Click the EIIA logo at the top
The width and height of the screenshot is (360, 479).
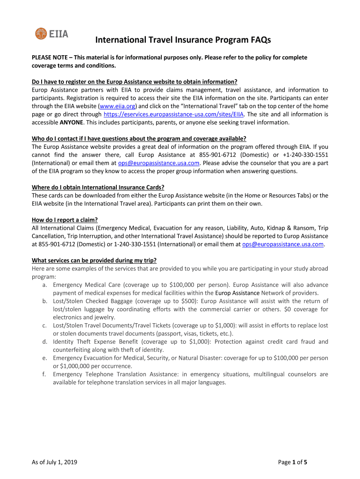click(51, 33)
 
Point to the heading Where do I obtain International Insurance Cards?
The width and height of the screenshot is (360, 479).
click(97, 188)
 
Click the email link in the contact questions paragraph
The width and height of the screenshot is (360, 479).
click(159, 163)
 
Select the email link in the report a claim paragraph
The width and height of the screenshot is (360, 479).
click(283, 244)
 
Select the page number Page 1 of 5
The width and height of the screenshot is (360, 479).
click(293, 463)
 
